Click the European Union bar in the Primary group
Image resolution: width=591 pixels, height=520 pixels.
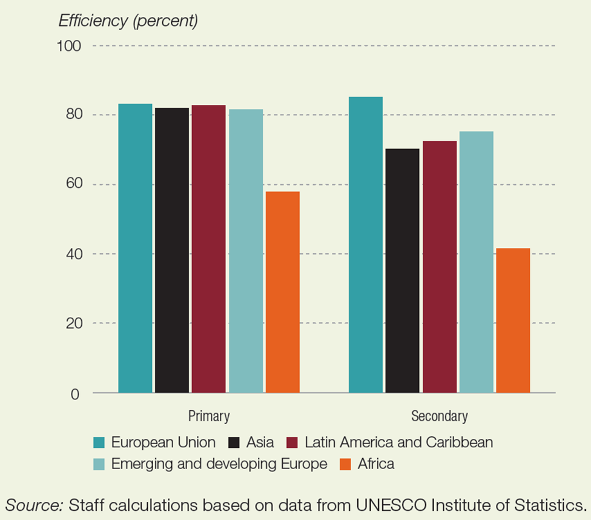pos(135,248)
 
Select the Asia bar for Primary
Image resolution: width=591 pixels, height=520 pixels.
pos(172,250)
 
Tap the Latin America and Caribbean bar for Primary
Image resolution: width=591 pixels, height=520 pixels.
pos(209,249)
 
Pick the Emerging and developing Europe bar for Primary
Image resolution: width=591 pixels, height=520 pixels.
pos(246,251)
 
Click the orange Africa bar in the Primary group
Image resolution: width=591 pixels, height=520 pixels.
pos(283,292)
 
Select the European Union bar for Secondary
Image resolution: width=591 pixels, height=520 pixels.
pos(366,245)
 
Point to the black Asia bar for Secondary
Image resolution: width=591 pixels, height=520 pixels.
pos(402,271)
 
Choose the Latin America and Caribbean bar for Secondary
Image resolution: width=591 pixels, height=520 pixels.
pos(440,267)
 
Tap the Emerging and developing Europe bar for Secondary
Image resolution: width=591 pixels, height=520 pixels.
pos(477,262)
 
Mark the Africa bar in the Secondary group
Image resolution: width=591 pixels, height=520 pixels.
pos(513,321)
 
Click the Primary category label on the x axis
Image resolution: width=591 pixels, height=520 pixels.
pos(209,416)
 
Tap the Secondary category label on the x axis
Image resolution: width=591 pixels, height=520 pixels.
pos(440,416)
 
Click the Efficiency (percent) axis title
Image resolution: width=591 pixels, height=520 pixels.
pos(128,21)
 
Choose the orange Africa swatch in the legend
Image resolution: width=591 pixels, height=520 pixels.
pos(345,465)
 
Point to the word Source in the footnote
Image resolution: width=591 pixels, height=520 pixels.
pos(35,504)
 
